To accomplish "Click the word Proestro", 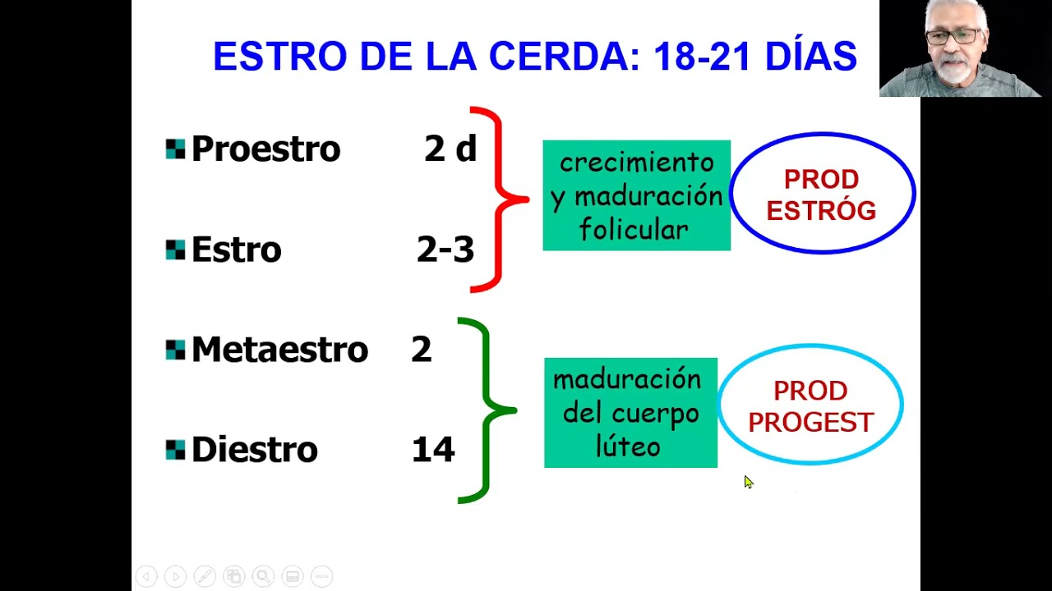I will (x=265, y=149).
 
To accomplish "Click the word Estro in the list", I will (x=236, y=250).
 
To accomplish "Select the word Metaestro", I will (x=279, y=350).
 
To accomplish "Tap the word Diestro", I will (x=254, y=450).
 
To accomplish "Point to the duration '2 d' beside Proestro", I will (x=450, y=149).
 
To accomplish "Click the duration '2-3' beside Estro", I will (x=445, y=250).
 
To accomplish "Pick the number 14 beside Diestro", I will (x=432, y=450).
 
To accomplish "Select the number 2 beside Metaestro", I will (x=421, y=350).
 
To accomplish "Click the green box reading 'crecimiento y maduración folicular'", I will (x=636, y=195).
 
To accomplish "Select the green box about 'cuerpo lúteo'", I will (x=630, y=413).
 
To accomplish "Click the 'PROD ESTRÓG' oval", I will (x=821, y=195).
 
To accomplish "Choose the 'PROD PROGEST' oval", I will (x=810, y=405).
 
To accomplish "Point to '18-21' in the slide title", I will (x=701, y=57).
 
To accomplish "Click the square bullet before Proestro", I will (x=175, y=149).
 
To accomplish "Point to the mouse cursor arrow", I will (x=748, y=482).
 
